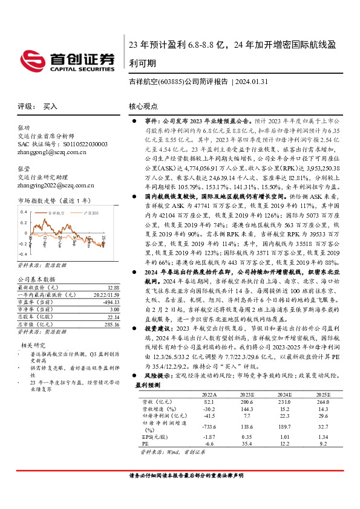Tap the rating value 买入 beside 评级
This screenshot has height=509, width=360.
50,106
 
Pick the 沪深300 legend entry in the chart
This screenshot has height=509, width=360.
91,213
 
